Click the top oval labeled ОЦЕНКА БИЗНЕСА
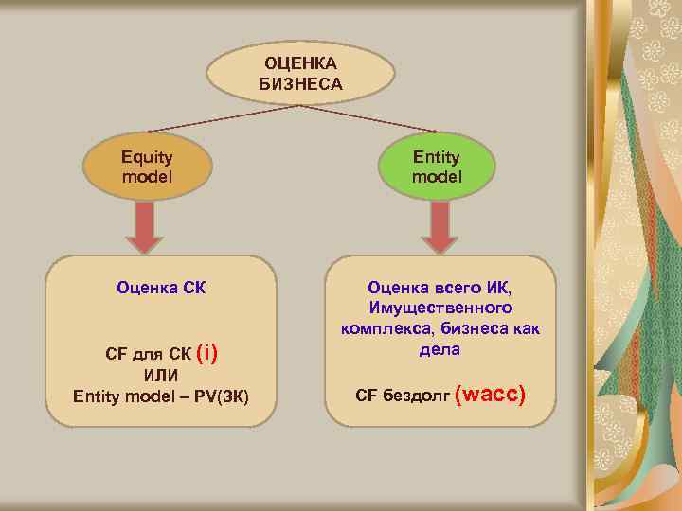pos(300,72)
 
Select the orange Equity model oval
pos(147,167)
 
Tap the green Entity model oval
pos(436,167)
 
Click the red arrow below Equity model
pos(144,228)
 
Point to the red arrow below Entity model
pos(438,228)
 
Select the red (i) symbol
pos(206,354)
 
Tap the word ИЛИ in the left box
pos(161,376)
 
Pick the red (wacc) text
pos(490,393)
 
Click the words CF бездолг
pos(403,395)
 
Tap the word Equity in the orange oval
pos(147,157)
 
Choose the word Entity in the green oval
pos(436,157)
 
